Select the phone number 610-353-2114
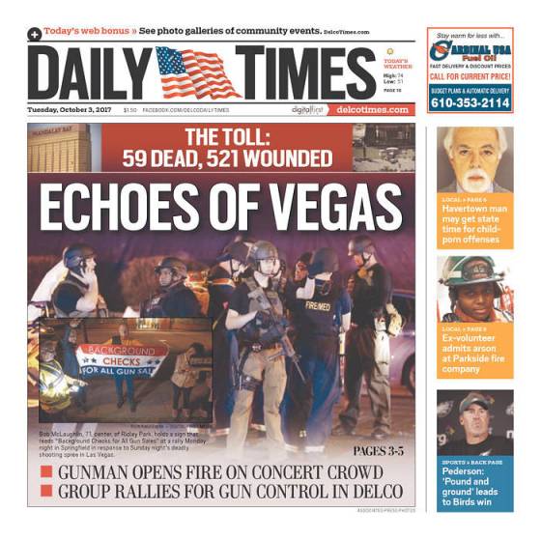469,102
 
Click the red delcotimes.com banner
372,109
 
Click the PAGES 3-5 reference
379,451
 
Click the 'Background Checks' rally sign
121,358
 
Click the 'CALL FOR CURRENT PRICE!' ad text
470,75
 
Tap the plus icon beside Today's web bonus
35,33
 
